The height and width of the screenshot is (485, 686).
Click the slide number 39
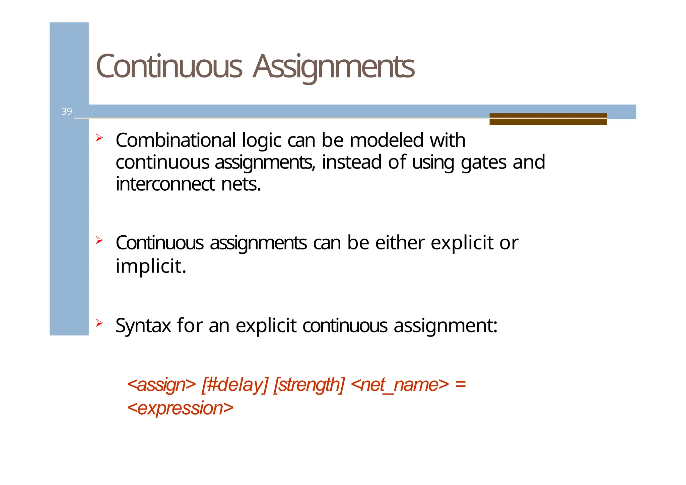(x=66, y=111)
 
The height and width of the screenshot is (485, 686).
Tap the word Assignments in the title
(x=334, y=67)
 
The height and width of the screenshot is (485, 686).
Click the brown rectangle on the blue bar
(x=548, y=119)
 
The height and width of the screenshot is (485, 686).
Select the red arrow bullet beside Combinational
(x=99, y=137)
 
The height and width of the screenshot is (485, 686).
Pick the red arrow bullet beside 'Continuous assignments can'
(x=99, y=240)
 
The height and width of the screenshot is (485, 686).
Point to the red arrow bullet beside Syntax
(x=99, y=323)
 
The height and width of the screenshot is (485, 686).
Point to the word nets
(x=241, y=184)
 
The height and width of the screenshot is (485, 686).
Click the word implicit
(x=150, y=266)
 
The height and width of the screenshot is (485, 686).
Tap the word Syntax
(x=143, y=325)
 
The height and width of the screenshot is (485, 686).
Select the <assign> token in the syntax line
(x=161, y=385)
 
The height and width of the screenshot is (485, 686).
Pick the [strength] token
(x=309, y=385)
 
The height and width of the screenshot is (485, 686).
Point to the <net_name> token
(x=400, y=385)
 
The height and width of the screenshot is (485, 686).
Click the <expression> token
(x=180, y=408)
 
